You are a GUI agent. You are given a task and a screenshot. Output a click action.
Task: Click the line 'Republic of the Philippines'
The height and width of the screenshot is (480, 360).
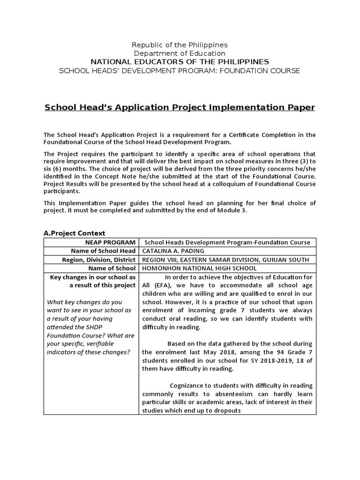tap(180, 45)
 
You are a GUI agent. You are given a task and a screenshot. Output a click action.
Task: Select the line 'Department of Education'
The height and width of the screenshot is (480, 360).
tap(180, 53)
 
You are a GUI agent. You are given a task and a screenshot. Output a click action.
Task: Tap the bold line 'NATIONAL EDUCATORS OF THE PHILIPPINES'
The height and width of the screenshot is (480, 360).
tap(180, 62)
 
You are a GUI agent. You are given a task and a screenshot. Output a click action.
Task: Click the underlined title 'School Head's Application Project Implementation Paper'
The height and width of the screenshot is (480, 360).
tap(180, 107)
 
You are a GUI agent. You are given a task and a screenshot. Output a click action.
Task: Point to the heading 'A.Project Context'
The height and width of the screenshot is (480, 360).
tap(74, 233)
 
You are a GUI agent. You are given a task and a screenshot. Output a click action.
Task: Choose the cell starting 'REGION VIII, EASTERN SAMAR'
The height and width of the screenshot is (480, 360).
tap(225, 260)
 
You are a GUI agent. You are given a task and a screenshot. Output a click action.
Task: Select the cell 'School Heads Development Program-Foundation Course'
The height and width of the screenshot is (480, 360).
tap(227, 242)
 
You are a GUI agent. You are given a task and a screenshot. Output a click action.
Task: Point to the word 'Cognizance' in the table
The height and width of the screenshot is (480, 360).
tap(187, 385)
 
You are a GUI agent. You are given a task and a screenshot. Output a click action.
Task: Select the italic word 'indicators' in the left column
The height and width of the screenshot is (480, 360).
tap(64, 352)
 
